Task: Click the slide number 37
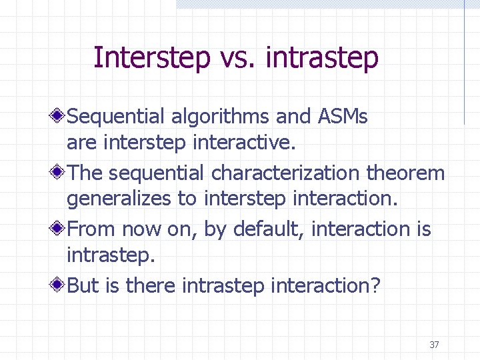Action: (434, 345)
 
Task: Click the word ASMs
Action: (342, 117)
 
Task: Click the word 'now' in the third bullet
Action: (141, 229)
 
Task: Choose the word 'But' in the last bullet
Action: (83, 286)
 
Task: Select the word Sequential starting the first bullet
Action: (116, 117)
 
